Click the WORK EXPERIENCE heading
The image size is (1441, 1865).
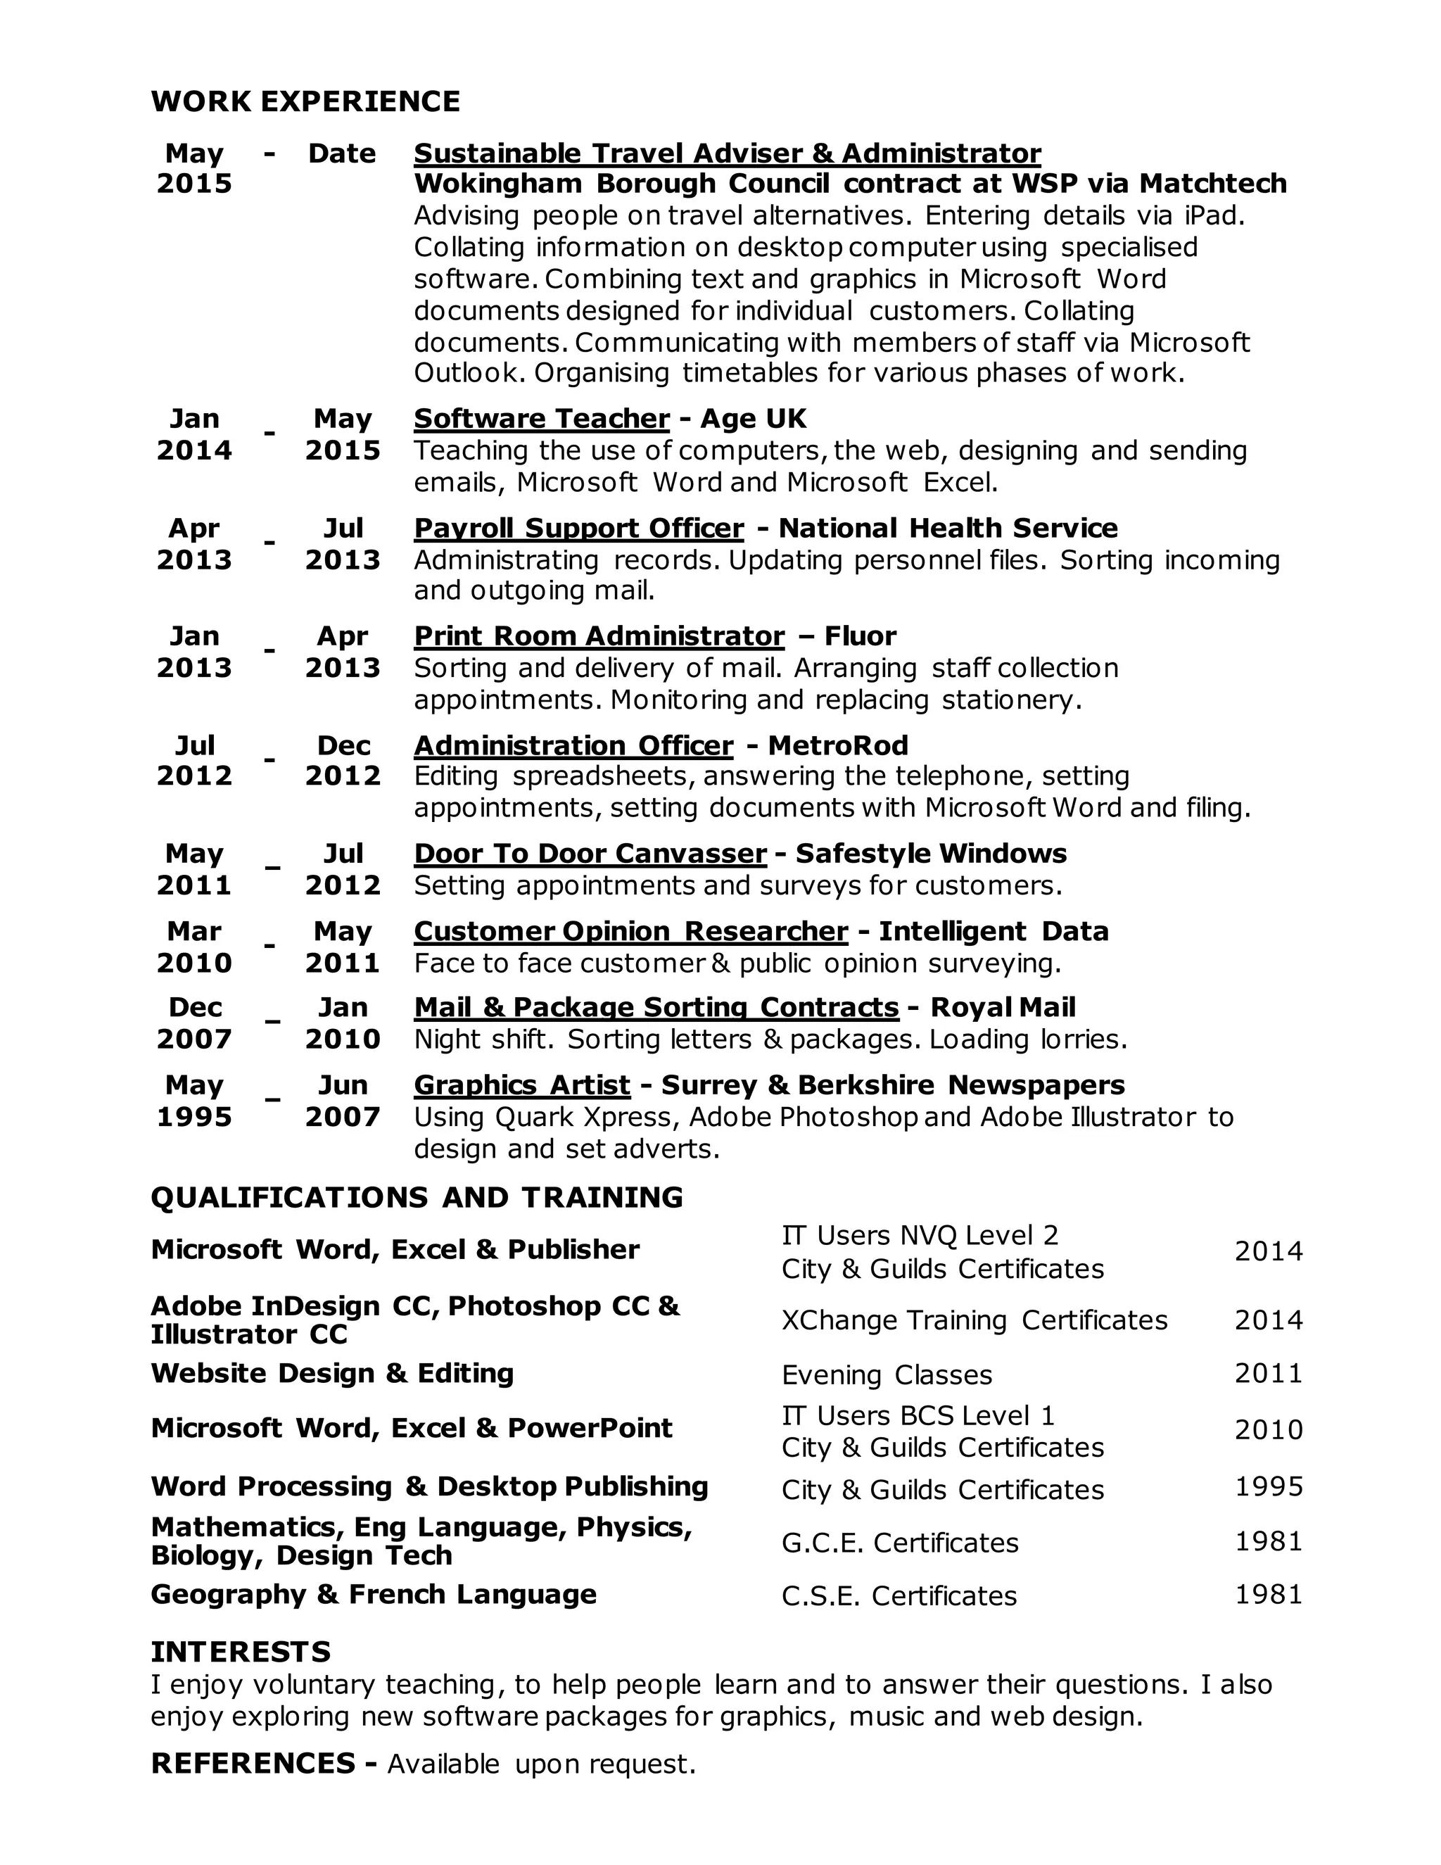tap(305, 101)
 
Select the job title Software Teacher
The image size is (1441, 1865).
tap(541, 419)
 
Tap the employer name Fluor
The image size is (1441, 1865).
tap(860, 636)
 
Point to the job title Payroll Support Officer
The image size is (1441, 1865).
tap(579, 529)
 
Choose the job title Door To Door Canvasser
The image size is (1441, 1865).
tap(590, 853)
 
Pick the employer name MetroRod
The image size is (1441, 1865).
tap(837, 745)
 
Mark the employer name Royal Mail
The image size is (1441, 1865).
tap(1002, 1008)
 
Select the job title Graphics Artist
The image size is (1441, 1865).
tap(521, 1085)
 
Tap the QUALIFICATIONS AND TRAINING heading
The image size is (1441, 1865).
tap(417, 1197)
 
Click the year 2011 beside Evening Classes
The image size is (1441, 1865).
tap(1269, 1373)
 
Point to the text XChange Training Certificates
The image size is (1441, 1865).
tap(974, 1320)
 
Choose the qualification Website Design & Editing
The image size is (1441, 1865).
tap(332, 1373)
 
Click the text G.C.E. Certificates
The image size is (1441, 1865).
tap(900, 1543)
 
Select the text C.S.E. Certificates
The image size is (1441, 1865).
tap(899, 1596)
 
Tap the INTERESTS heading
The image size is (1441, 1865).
tap(241, 1652)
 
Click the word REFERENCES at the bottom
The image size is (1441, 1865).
tap(253, 1764)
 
